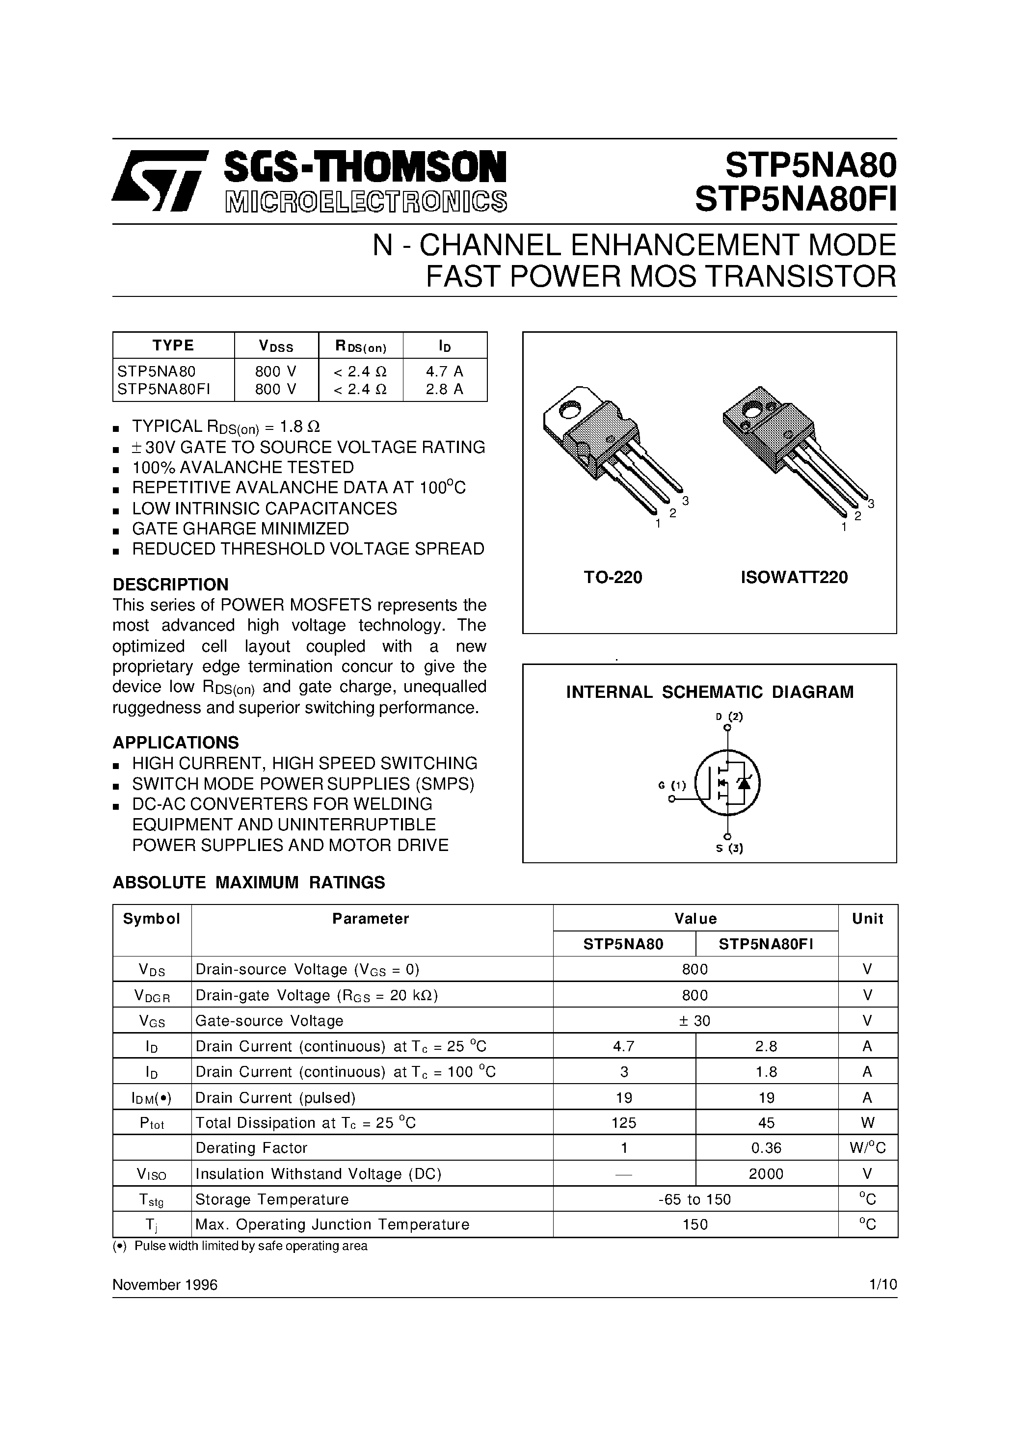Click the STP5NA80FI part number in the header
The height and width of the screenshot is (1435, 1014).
coord(795,201)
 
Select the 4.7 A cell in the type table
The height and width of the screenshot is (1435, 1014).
coord(445,371)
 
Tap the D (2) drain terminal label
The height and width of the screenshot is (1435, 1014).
coord(729,717)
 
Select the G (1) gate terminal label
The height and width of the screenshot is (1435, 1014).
coord(672,786)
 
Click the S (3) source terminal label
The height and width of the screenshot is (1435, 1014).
coord(729,848)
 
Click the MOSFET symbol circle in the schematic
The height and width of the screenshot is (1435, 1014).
coord(728,782)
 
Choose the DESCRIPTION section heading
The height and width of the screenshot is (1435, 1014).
coord(170,585)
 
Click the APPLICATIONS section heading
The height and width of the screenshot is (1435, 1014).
coord(176,743)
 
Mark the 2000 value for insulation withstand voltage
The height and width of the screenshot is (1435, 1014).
coord(766,1174)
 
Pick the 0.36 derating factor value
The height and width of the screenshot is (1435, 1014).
coord(766,1148)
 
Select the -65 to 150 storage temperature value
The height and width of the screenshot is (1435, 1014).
coord(695,1199)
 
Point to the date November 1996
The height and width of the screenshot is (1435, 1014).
coord(165,1284)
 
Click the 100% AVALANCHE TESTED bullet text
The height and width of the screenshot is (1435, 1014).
coord(242,468)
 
